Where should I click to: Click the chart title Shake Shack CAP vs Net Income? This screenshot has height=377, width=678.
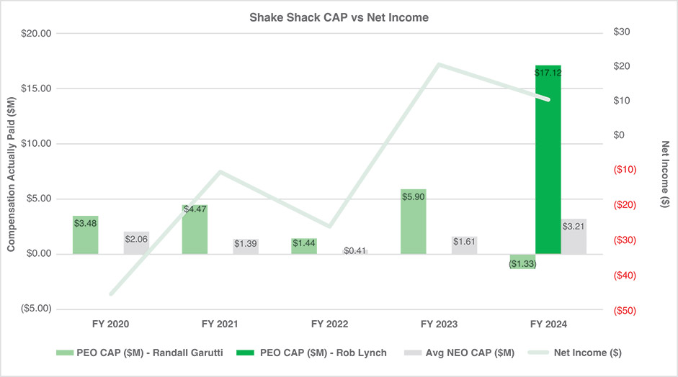click(x=339, y=17)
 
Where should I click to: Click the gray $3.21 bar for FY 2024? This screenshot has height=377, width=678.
click(x=574, y=237)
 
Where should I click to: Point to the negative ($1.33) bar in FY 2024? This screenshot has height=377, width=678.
click(x=522, y=261)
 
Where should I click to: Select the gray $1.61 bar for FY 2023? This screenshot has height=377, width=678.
click(x=464, y=245)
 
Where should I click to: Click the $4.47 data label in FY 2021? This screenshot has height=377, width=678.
click(x=195, y=209)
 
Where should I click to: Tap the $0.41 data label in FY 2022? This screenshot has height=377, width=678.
click(x=354, y=250)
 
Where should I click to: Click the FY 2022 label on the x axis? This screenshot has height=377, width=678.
click(x=329, y=324)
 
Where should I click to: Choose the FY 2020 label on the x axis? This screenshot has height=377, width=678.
click(x=111, y=324)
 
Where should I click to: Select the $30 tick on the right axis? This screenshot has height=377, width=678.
click(x=622, y=33)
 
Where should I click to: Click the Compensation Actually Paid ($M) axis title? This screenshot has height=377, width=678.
click(x=12, y=172)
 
